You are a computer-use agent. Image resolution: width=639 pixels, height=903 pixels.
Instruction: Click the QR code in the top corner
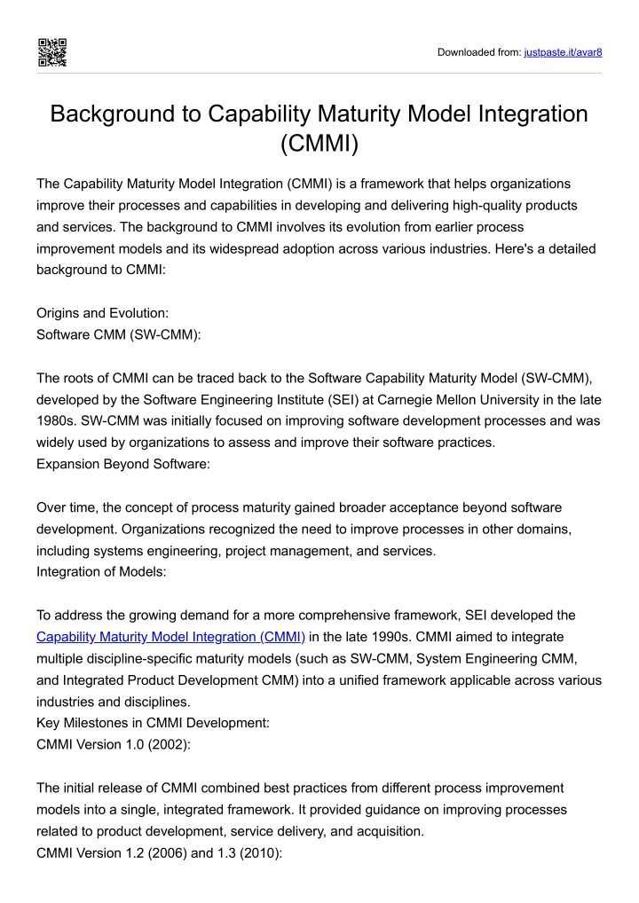(x=51, y=52)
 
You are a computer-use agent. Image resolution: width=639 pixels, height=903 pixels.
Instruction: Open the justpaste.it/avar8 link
(x=564, y=52)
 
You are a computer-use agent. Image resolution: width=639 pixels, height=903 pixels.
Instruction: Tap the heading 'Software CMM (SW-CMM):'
(x=118, y=335)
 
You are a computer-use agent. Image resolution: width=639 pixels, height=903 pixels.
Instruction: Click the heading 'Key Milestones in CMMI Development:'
(x=153, y=722)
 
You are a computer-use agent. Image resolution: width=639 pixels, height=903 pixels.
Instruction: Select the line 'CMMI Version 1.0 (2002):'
(x=114, y=744)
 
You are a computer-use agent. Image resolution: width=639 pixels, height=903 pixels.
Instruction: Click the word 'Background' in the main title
(x=123, y=114)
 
